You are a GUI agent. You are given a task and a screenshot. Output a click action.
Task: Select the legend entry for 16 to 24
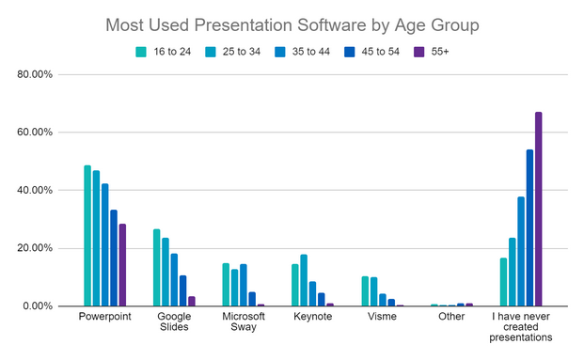click(x=166, y=51)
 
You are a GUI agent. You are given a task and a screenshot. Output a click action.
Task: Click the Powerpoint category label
click(x=105, y=318)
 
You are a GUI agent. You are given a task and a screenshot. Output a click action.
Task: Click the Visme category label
click(x=382, y=318)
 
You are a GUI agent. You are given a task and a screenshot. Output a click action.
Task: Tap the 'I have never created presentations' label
click(x=521, y=328)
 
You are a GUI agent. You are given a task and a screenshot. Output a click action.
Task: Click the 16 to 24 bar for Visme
click(x=365, y=291)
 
